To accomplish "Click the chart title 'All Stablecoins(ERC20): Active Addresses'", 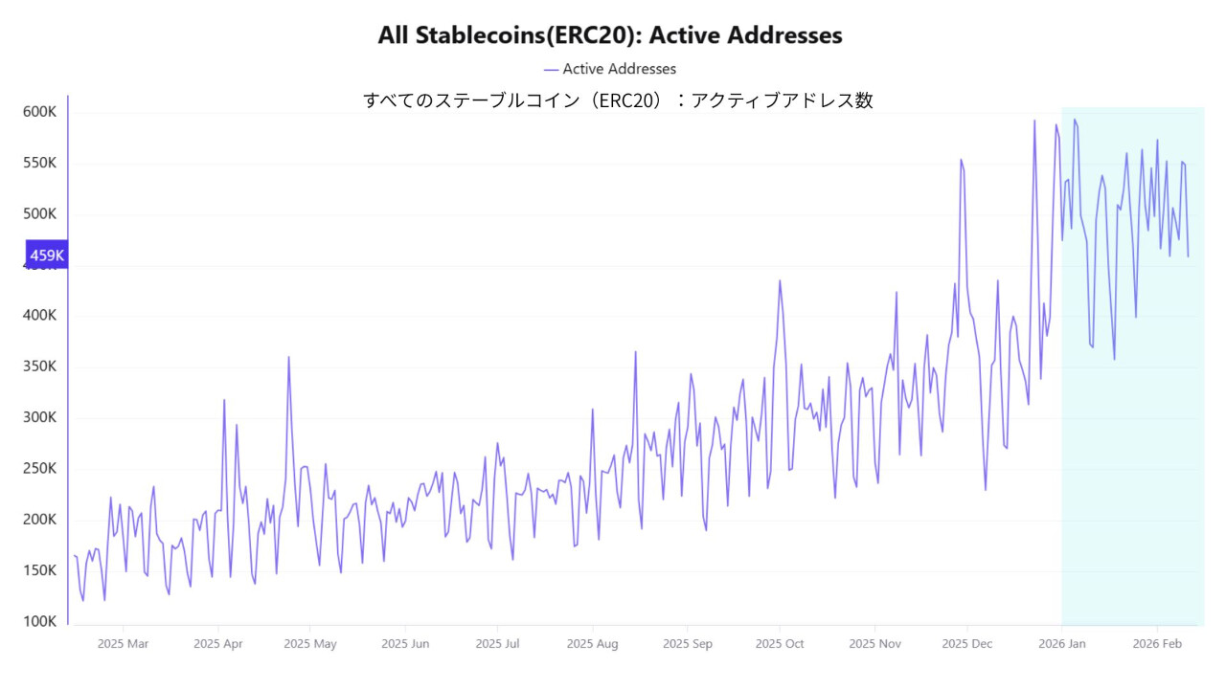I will click(610, 35).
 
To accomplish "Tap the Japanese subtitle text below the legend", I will click(618, 100).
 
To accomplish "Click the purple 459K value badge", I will click(46, 256).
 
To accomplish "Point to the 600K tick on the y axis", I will click(40, 112).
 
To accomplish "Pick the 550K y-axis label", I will click(40, 163).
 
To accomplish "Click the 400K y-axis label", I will click(40, 316).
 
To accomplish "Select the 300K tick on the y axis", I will click(40, 417).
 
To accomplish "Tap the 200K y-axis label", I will click(40, 520).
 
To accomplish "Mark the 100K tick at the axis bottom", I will click(40, 621).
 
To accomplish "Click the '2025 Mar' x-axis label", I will click(124, 644).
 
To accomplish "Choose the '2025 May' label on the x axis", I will click(310, 644).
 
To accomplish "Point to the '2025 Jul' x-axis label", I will click(498, 644).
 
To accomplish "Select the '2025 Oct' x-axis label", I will click(780, 644).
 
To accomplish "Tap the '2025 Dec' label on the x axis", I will click(967, 644).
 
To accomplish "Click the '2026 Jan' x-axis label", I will click(1061, 644).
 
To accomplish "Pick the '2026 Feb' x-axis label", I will click(1156, 644).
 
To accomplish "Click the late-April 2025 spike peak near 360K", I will click(288, 357).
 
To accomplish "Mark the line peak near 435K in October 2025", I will click(780, 280).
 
